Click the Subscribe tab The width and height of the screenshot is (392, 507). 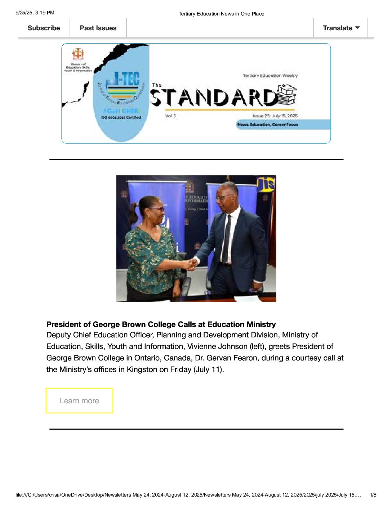[44, 28]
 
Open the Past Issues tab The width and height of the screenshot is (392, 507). [98, 28]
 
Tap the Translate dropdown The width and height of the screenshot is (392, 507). [341, 28]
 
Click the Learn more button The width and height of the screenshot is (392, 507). [79, 401]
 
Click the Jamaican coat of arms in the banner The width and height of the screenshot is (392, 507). [78, 54]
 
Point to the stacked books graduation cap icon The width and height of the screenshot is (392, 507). [287, 95]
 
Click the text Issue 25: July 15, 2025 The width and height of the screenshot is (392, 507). [275, 116]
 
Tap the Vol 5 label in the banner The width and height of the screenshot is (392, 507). [170, 116]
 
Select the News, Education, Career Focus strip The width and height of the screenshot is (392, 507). [268, 125]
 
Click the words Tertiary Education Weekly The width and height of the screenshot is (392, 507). [270, 76]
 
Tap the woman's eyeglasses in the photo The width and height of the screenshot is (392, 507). [158, 208]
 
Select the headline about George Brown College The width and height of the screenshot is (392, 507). [161, 324]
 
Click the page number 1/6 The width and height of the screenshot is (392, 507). [373, 495]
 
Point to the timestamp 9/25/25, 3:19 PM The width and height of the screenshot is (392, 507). [35, 13]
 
